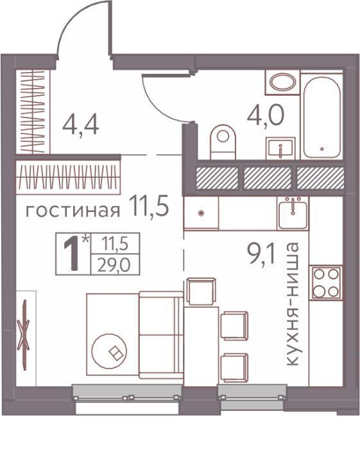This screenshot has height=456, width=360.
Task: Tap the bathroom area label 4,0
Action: click(265, 115)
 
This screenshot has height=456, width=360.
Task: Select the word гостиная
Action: click(73, 210)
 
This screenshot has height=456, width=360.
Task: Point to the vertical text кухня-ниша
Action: click(292, 304)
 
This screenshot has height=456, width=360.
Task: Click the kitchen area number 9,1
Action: click(261, 254)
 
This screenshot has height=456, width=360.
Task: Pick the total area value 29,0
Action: click(114, 265)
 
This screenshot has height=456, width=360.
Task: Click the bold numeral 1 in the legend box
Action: click(71, 254)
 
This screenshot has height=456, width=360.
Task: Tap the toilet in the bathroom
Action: click(223, 142)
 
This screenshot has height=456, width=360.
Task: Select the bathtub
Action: click(321, 118)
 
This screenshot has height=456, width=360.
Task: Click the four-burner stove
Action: click(326, 283)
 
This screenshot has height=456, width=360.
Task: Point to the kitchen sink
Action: click(293, 213)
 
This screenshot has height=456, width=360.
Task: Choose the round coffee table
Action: click(109, 351)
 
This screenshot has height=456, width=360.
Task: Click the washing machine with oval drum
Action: click(282, 82)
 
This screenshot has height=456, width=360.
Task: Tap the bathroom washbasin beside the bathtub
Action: click(280, 148)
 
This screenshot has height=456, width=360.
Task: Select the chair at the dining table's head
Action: click(201, 291)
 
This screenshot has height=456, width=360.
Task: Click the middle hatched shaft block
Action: click(268, 178)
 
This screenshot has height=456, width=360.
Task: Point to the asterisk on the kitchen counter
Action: click(201, 213)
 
